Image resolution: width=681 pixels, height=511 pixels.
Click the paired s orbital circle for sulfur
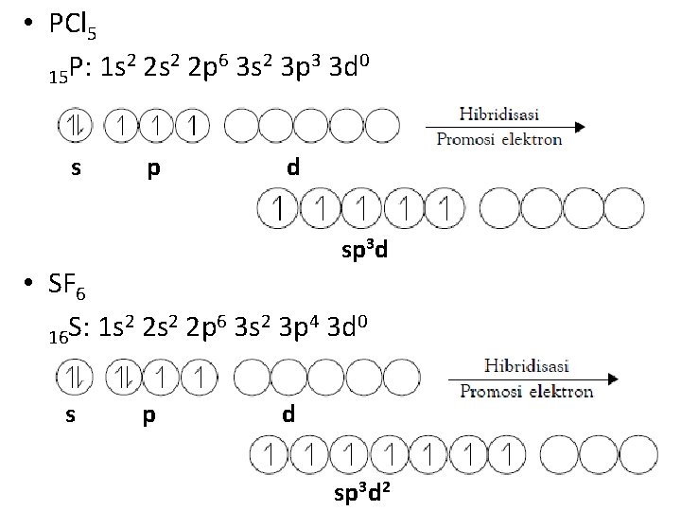coord(72,379)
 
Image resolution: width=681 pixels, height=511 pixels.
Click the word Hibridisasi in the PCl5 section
coord(499,114)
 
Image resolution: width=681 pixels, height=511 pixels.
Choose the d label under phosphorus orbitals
coord(293,168)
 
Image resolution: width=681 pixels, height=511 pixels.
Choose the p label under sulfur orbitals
coord(148,416)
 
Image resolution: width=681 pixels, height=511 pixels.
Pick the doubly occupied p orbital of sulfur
coord(123,379)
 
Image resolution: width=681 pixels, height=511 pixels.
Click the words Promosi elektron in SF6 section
coord(528,391)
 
